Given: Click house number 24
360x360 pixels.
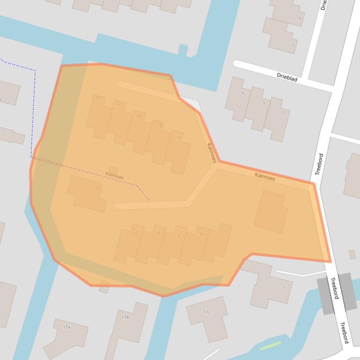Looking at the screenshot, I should [98, 98].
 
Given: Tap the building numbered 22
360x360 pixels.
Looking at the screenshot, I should [118, 103].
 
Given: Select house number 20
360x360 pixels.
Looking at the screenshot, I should [140, 115].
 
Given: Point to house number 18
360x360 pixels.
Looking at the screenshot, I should [160, 125].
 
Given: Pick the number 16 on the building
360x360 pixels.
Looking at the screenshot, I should [178, 138].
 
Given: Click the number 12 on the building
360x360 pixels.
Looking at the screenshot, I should [97, 188].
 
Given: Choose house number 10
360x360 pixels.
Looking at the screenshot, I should [135, 234].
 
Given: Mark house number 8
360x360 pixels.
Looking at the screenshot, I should [158, 233].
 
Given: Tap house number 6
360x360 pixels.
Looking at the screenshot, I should [179, 236].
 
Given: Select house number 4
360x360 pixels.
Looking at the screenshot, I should [201, 234].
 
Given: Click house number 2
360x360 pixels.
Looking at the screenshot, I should [226, 230].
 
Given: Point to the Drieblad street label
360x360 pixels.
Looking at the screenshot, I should [287, 77].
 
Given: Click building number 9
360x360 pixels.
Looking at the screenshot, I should [300, 19].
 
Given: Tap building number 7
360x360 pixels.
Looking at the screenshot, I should [293, 45].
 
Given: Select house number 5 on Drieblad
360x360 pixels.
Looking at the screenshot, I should [242, 94].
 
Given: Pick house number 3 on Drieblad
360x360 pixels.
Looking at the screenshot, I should [263, 103].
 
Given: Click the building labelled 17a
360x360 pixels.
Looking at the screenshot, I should [66, 327].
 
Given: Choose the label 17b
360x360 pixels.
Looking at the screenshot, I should [125, 317].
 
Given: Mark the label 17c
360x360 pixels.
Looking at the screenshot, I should [207, 312].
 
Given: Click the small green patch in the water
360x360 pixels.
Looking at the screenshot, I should [271, 346].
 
